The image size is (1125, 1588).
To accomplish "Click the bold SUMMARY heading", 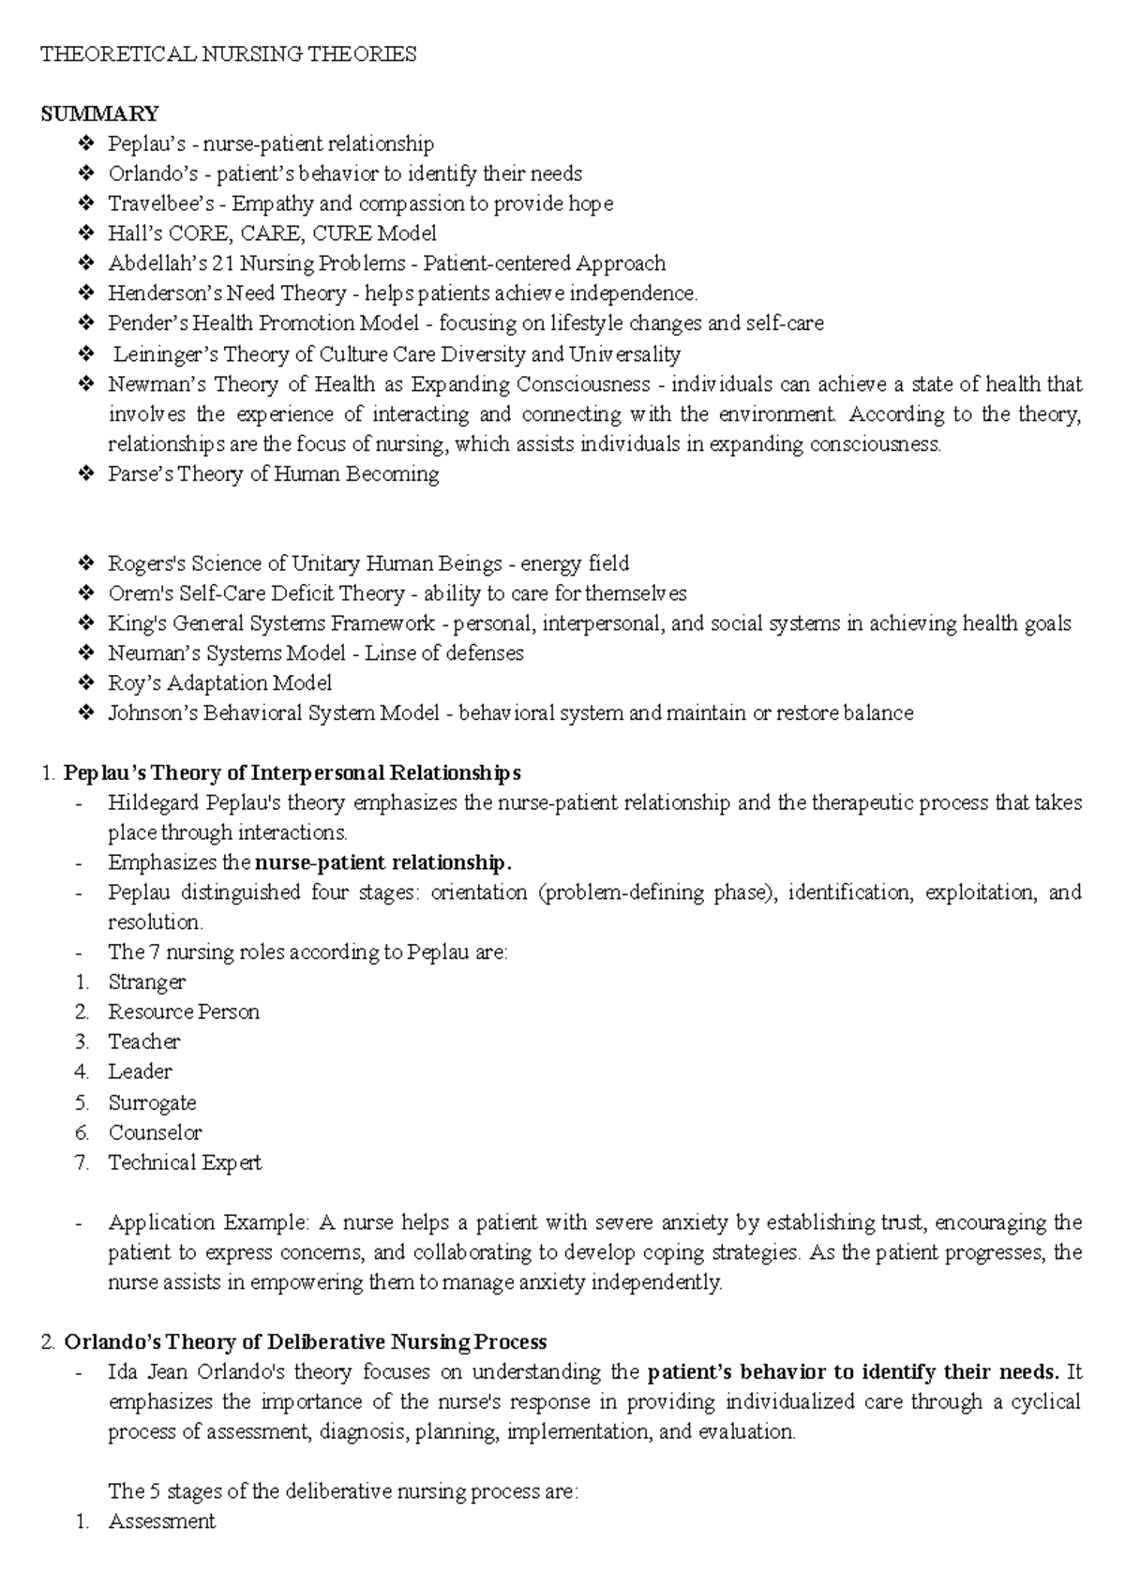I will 99,113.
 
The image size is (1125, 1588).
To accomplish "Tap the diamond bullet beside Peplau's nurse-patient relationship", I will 86,143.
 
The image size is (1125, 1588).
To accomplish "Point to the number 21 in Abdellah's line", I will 222,263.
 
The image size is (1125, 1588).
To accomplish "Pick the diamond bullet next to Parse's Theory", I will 86,474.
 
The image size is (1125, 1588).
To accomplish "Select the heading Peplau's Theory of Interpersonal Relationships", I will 292,773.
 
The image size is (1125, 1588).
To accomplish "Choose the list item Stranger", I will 147,982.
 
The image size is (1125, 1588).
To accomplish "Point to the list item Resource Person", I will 184,1012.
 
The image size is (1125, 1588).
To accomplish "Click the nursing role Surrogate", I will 152,1102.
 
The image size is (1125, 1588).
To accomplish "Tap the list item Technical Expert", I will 185,1162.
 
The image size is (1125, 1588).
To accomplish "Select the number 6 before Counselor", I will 82,1132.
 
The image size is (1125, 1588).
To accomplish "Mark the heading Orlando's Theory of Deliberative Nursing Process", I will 306,1341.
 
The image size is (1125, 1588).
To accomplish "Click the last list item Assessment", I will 162,1521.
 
